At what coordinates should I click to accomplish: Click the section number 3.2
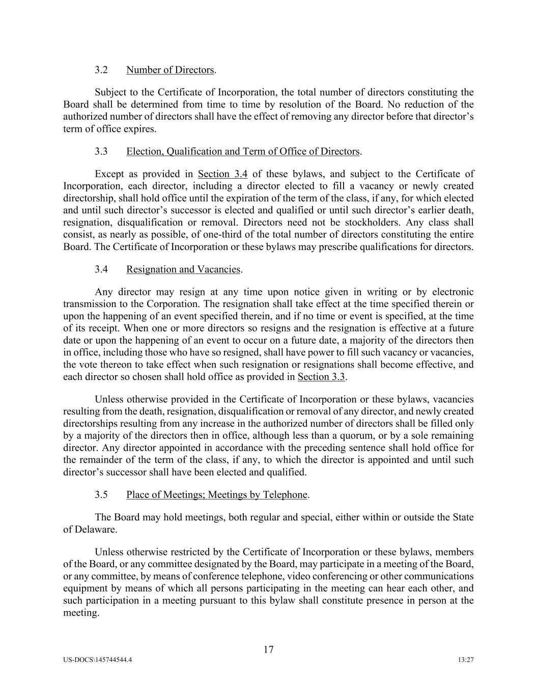tap(101, 70)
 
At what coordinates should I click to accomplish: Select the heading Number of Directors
tap(170, 70)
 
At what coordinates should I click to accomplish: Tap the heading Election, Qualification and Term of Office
tap(243, 151)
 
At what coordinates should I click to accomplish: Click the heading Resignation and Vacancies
tap(183, 269)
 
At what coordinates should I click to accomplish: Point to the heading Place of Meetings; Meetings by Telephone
tap(217, 495)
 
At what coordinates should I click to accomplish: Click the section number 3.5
tap(101, 495)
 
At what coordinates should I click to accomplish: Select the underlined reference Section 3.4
tap(222, 174)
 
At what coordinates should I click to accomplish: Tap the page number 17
tap(269, 650)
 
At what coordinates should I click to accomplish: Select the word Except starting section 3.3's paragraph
tap(109, 174)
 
